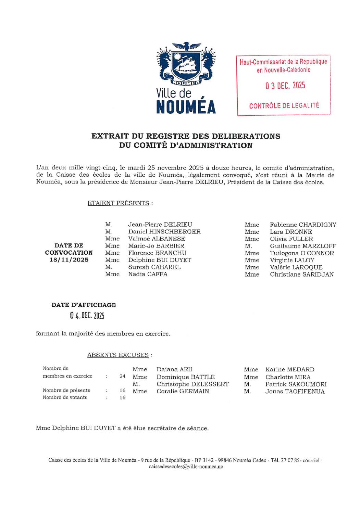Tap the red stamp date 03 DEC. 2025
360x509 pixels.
coord(285,86)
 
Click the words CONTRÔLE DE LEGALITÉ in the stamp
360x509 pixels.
coord(284,106)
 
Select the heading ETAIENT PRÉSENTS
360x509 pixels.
coord(119,203)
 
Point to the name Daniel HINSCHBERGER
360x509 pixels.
coord(164,232)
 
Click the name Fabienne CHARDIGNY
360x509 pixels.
coord(303,225)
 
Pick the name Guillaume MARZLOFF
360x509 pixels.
coord(303,246)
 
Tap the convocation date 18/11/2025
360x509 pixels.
coord(69,260)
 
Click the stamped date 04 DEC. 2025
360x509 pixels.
coord(87,316)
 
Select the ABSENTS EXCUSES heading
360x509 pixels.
coord(118,355)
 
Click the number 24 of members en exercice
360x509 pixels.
coord(122,376)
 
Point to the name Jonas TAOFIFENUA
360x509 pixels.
coord(295,391)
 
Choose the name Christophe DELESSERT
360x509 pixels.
coord(193,384)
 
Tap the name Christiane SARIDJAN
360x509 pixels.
coord(301,275)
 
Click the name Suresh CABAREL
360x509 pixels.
coord(154,267)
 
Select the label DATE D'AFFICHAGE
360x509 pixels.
coord(84,305)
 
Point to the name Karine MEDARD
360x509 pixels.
coord(290,369)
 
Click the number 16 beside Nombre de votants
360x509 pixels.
coord(122,398)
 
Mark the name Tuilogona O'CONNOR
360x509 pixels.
coord(302,253)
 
